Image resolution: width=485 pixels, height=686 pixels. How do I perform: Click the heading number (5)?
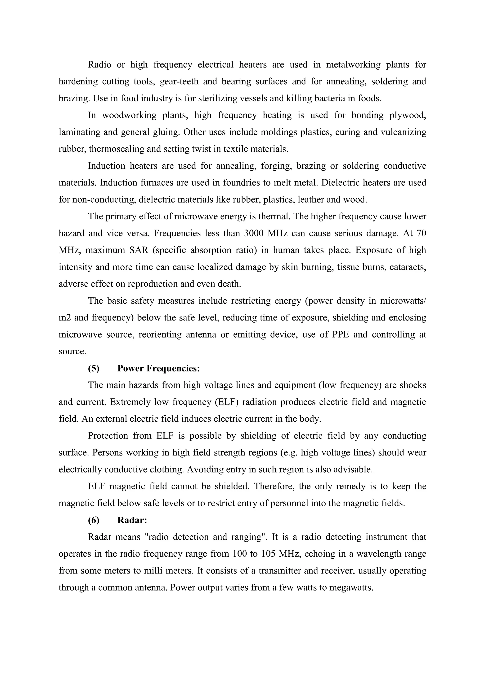coord(94,368)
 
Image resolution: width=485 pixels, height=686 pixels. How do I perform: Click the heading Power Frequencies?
coord(159,368)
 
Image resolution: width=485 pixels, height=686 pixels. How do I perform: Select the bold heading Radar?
coord(132,520)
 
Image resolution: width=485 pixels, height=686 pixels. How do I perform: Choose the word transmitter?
coord(279,571)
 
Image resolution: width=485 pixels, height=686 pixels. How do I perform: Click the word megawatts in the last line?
coord(351,588)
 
